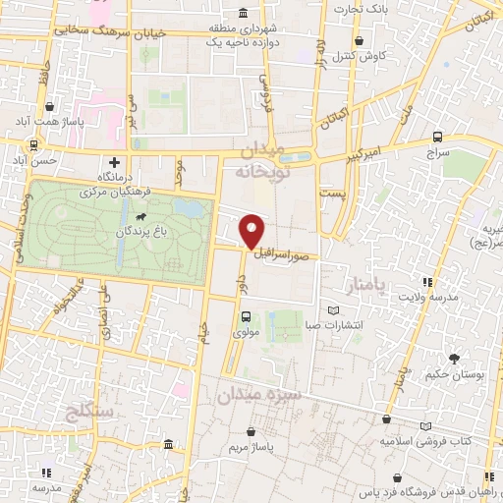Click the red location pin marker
click(x=251, y=231)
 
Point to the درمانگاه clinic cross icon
click(x=114, y=162)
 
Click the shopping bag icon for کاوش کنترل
click(x=361, y=41)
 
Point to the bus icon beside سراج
click(x=436, y=138)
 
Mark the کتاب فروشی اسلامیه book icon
click(x=424, y=425)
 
